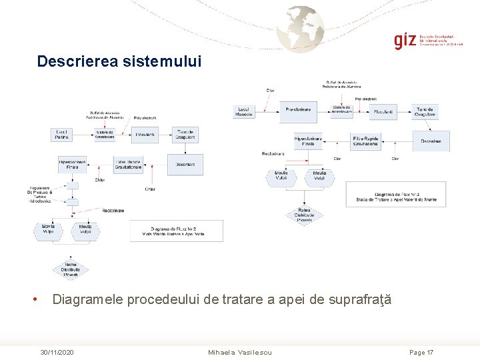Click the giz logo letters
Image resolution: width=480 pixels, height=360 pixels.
[405, 40]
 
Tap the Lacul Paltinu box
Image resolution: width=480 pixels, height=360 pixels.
[61, 135]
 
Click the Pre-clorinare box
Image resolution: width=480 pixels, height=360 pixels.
[298, 110]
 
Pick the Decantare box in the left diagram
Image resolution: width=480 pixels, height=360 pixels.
[185, 164]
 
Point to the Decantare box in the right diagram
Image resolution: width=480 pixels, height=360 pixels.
[431, 141]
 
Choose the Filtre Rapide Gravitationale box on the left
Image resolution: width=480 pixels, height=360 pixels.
[128, 164]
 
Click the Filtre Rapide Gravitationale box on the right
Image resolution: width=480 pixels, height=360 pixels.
[365, 141]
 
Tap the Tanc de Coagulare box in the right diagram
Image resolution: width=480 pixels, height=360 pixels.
[425, 111]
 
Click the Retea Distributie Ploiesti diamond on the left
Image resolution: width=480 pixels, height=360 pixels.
[71, 269]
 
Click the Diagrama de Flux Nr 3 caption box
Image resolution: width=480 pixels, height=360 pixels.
[396, 195]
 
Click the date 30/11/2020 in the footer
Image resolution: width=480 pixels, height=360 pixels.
[57, 352]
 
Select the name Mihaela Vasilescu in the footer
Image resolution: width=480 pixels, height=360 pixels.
[240, 352]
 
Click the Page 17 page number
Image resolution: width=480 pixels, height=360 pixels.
[421, 352]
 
